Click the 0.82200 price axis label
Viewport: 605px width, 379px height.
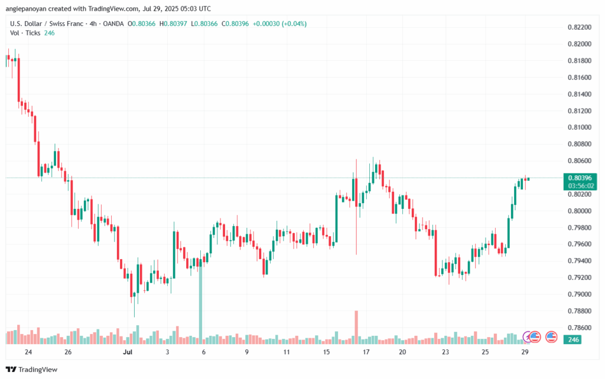click(x=580, y=27)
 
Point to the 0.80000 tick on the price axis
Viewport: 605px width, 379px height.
click(x=580, y=211)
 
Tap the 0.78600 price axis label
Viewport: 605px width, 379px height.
click(x=580, y=328)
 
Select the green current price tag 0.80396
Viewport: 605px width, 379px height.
click(x=580, y=178)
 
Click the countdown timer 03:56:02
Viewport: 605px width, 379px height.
click(x=580, y=186)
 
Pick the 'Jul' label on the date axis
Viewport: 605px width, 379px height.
click(x=128, y=352)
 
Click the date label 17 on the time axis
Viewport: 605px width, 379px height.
click(x=366, y=352)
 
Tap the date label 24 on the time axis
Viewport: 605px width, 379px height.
click(x=28, y=352)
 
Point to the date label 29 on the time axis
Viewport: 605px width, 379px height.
click(x=525, y=352)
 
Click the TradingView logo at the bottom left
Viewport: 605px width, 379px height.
click(x=32, y=370)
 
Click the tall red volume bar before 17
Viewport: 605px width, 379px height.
click(x=356, y=327)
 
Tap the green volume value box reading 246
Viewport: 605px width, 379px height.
click(x=573, y=339)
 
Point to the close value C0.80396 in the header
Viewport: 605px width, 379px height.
click(x=235, y=24)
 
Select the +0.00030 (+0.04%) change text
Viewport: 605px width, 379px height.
click(x=279, y=24)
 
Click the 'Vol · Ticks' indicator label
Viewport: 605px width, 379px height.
click(x=25, y=33)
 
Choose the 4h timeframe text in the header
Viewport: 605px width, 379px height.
click(x=93, y=24)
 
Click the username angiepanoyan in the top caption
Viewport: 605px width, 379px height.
click(x=26, y=8)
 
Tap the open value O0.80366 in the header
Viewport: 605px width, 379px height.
click(x=142, y=24)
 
